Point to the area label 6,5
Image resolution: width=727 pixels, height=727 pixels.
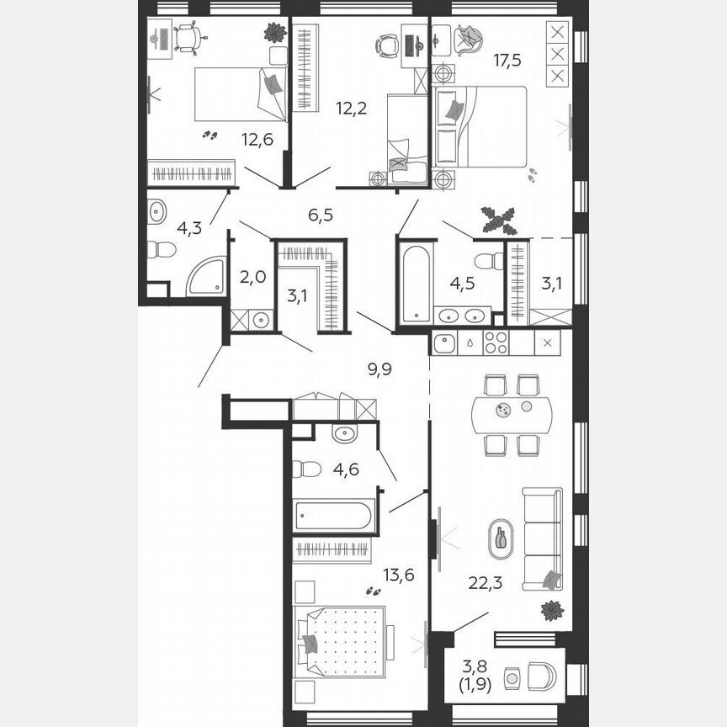321,215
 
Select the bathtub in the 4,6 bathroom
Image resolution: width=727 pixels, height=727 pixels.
334,515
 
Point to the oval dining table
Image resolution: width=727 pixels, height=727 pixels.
513,411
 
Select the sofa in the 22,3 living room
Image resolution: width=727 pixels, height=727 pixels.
541,539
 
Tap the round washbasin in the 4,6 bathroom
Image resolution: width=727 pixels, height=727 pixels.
344,434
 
